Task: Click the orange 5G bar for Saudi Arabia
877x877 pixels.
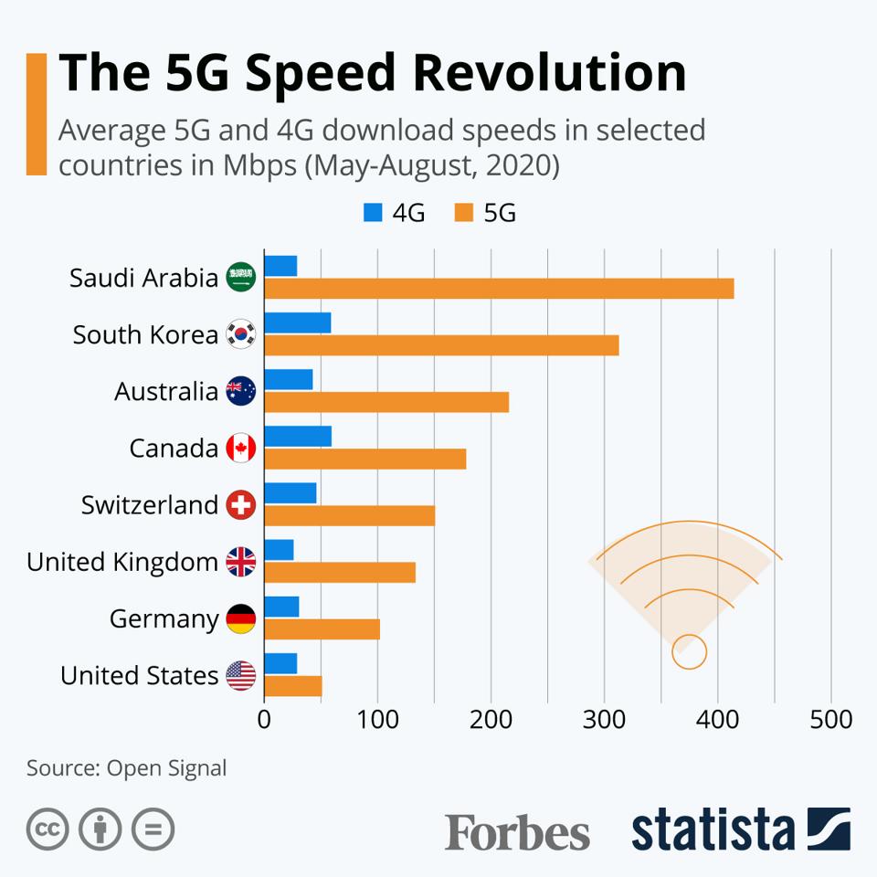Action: (499, 289)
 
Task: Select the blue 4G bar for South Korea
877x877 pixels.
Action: (298, 323)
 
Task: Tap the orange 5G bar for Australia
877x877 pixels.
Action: (386, 402)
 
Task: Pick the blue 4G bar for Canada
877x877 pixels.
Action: (298, 437)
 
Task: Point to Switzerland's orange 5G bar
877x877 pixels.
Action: (350, 515)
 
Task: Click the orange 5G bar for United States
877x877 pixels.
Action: (293, 686)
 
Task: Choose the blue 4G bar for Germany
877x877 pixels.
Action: (281, 607)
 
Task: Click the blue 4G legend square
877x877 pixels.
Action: (373, 213)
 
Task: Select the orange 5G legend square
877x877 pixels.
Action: (463, 213)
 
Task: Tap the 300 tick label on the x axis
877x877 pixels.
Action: (605, 720)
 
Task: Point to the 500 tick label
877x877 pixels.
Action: (831, 720)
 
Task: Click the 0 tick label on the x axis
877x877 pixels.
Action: (264, 720)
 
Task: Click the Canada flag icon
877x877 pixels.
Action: (241, 449)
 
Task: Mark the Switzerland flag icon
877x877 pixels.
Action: (241, 505)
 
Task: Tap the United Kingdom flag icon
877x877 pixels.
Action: (241, 562)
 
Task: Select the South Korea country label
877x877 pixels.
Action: (145, 335)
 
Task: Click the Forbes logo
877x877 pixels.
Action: (517, 832)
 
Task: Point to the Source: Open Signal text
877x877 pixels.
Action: (126, 768)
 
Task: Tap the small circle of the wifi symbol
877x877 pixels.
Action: (689, 652)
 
